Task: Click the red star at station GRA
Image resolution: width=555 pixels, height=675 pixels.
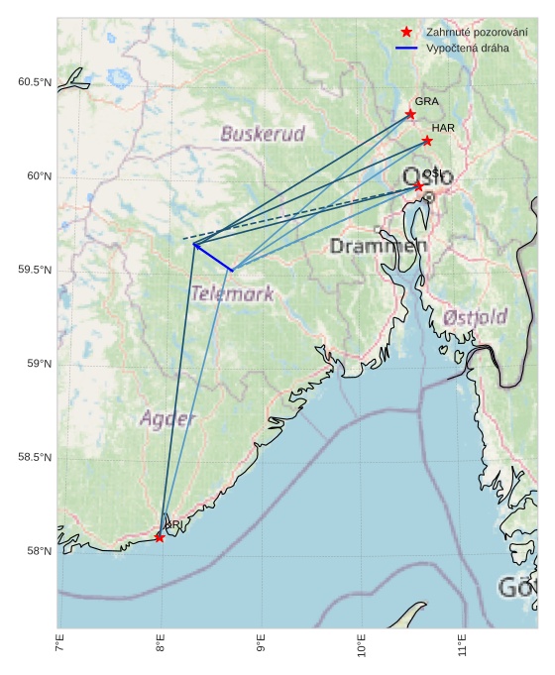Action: (411, 114)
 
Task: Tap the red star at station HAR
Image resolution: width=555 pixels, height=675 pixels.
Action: (427, 141)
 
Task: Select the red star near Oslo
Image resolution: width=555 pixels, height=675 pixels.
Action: (418, 185)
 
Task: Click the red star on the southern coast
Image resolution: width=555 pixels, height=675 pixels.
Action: (160, 537)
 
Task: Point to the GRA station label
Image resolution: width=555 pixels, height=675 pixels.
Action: (426, 101)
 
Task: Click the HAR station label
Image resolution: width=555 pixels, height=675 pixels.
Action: (442, 128)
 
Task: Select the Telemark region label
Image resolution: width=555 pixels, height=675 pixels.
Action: (232, 293)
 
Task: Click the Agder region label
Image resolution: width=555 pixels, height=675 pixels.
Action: (167, 418)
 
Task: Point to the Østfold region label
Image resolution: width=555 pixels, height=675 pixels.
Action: (475, 317)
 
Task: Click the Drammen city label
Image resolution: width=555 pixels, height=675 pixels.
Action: (378, 245)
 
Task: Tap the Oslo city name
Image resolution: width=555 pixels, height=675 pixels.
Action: (427, 177)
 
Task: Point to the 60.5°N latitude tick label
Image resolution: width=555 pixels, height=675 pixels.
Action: (35, 82)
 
